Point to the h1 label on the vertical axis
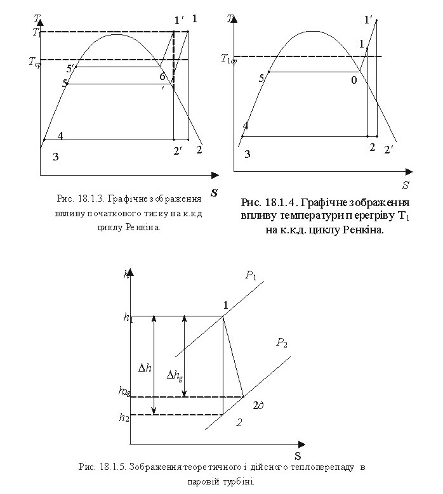click(128, 317)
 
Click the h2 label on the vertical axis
click(124, 417)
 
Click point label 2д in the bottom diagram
click(258, 405)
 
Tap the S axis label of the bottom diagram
click(297, 455)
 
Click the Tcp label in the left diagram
click(34, 62)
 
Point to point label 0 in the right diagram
click(354, 81)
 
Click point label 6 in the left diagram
click(163, 76)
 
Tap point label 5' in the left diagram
click(71, 67)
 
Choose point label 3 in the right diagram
click(248, 154)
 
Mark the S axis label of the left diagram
click(214, 192)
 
